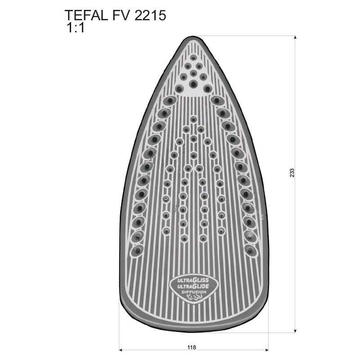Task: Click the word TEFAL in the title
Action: tap(86, 16)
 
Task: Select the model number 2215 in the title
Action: tap(150, 16)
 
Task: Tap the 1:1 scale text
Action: tap(75, 28)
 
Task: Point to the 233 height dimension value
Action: tap(292, 173)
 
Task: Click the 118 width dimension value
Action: tap(192, 347)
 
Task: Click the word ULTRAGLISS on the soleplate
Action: tap(193, 280)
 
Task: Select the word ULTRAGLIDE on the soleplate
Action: tap(193, 286)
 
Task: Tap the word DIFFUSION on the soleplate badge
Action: tap(194, 292)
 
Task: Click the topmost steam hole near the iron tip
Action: tap(193, 58)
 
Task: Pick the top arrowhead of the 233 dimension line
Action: tap(295, 38)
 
